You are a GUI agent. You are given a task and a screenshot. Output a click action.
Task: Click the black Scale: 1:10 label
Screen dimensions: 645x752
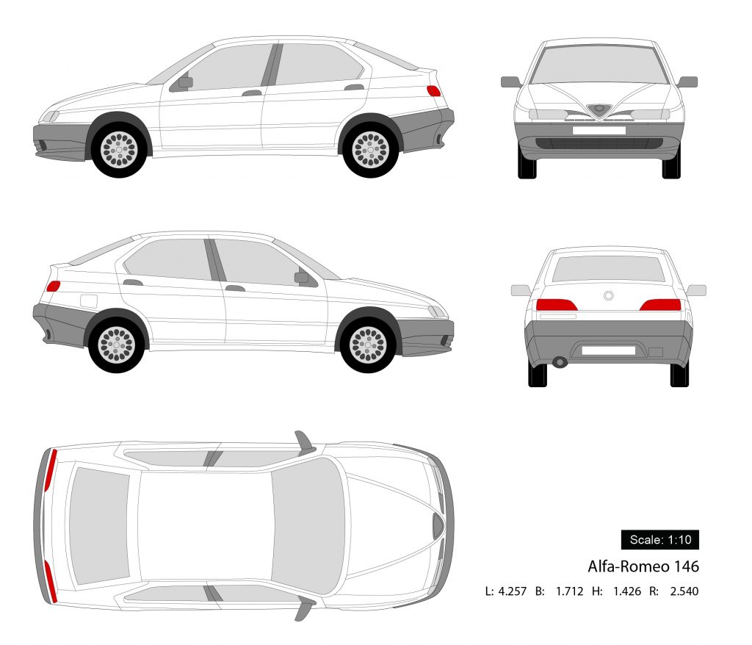pyautogui.click(x=659, y=540)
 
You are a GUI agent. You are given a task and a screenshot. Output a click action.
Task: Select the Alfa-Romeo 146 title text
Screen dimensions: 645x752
pyautogui.click(x=643, y=566)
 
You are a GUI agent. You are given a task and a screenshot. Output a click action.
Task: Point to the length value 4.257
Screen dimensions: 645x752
pyautogui.click(x=512, y=591)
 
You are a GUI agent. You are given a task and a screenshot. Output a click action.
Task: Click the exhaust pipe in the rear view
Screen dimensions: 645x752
pyautogui.click(x=560, y=362)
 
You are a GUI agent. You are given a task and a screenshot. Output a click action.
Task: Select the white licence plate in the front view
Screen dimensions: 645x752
pyautogui.click(x=599, y=130)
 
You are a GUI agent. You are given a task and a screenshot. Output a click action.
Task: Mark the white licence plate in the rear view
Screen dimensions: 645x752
pyautogui.click(x=608, y=350)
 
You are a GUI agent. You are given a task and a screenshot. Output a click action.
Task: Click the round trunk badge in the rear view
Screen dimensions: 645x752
pyautogui.click(x=608, y=295)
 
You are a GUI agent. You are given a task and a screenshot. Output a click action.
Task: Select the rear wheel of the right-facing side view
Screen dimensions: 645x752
pyautogui.click(x=117, y=344)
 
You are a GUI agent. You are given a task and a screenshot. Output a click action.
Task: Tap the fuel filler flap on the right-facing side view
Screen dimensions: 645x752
pyautogui.click(x=88, y=300)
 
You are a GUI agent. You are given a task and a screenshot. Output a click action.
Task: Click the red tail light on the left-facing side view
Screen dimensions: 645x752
pyautogui.click(x=433, y=91)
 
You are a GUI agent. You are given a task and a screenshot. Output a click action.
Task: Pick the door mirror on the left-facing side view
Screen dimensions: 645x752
pyautogui.click(x=184, y=82)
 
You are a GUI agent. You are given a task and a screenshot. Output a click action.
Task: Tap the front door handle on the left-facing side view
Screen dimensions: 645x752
pyautogui.click(x=252, y=93)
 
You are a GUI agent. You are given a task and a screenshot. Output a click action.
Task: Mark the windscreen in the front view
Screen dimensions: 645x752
pyautogui.click(x=599, y=64)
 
